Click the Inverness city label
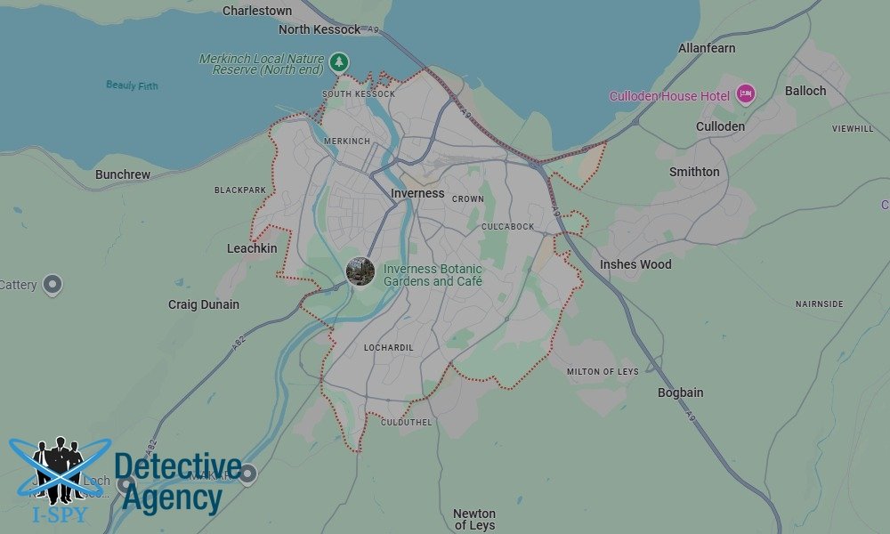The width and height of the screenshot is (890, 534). click(417, 193)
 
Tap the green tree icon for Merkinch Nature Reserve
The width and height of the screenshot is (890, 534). click(338, 62)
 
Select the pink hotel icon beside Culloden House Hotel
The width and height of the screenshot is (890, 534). click(745, 94)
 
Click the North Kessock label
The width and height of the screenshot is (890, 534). click(320, 29)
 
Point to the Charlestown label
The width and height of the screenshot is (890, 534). click(257, 11)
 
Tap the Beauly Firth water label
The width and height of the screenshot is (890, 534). click(133, 85)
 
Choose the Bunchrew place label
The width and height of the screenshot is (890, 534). click(123, 174)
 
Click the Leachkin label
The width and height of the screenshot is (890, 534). click(252, 248)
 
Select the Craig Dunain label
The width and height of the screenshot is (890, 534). click(204, 304)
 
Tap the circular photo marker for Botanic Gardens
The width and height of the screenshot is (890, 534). click(360, 271)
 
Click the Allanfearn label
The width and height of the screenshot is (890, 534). click(707, 48)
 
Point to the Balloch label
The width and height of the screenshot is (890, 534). click(805, 91)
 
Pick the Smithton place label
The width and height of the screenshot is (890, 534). click(694, 172)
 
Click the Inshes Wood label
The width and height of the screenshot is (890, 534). click(635, 264)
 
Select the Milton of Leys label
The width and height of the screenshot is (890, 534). click(603, 371)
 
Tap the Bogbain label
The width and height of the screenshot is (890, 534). click(680, 392)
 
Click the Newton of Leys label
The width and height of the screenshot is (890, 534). click(474, 519)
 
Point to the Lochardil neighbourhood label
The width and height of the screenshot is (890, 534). click(389, 347)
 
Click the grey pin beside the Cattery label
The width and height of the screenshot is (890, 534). click(53, 285)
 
